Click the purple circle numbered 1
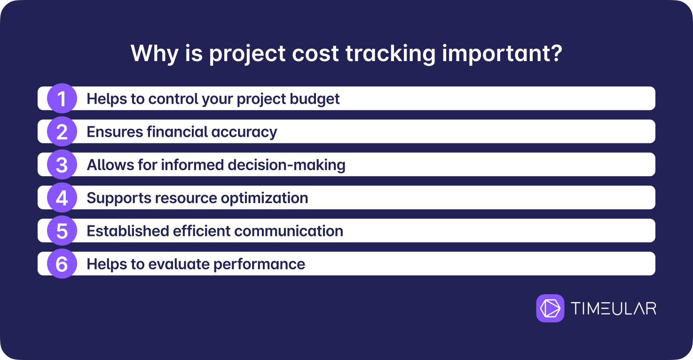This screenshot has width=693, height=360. click(x=62, y=98)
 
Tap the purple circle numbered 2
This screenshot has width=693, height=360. click(x=62, y=132)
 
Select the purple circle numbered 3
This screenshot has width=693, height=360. click(x=62, y=164)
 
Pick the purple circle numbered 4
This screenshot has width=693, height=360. click(x=62, y=198)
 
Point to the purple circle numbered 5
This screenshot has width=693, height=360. click(x=62, y=231)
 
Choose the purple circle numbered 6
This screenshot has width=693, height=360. click(x=62, y=264)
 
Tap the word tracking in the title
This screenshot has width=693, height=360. click(x=390, y=55)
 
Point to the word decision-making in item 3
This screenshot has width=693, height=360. click(x=286, y=165)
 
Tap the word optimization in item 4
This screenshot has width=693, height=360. click(x=265, y=198)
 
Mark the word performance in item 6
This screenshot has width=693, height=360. click(x=259, y=265)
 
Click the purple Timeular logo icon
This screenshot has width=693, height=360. click(x=550, y=308)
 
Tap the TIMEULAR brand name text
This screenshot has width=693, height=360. click(x=614, y=308)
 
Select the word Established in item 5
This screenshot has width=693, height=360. click(x=127, y=231)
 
